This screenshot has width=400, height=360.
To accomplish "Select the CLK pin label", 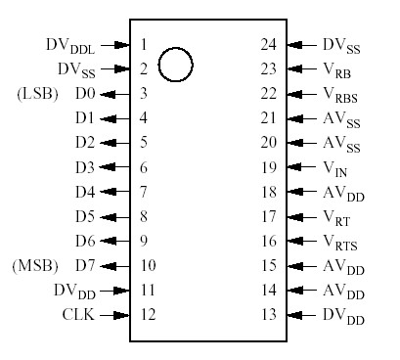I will coord(79,315).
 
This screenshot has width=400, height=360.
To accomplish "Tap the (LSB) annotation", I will coord(38,94).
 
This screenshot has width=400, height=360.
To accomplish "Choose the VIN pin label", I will coord(334,168).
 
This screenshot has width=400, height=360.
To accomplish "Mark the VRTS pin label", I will coord(339,242).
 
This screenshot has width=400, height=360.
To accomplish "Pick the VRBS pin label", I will coord(339,95).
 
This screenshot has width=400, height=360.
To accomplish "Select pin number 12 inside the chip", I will coord(147,315).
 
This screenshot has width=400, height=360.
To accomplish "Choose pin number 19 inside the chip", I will coord(270,167).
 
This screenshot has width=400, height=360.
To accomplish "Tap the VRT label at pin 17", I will coord(335,217).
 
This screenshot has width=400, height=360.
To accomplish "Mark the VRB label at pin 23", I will coord(335,69).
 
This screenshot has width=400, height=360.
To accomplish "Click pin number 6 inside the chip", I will coord(144,167).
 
